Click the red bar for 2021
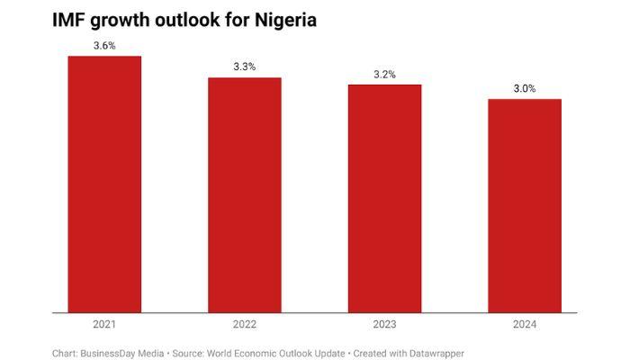[x=104, y=184]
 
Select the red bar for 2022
[x=245, y=195]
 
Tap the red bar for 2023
[x=384, y=199]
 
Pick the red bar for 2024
[x=525, y=206]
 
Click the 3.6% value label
[x=104, y=46]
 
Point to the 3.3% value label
[x=245, y=67]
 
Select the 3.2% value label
[x=384, y=74]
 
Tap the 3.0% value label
[x=525, y=88]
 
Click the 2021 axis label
[x=104, y=324]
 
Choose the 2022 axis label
[x=245, y=324]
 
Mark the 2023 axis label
[x=384, y=324]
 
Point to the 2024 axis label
[x=525, y=324]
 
